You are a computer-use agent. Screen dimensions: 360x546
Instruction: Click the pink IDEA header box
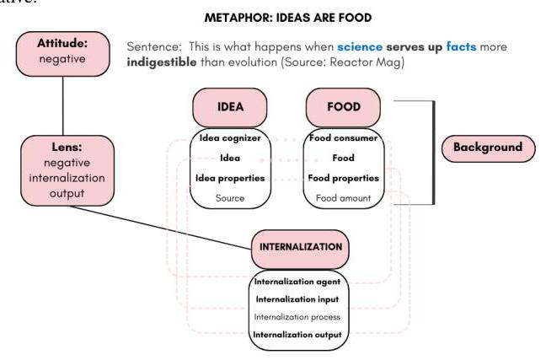click(x=230, y=108)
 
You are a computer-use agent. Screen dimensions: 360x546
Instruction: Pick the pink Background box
click(x=487, y=148)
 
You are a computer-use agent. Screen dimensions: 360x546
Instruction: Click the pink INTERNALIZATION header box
click(x=300, y=247)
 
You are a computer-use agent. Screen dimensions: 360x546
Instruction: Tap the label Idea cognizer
click(x=231, y=137)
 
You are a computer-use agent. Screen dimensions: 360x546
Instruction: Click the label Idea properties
click(x=231, y=178)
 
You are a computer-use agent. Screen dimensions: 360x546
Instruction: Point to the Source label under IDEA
click(x=231, y=198)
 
